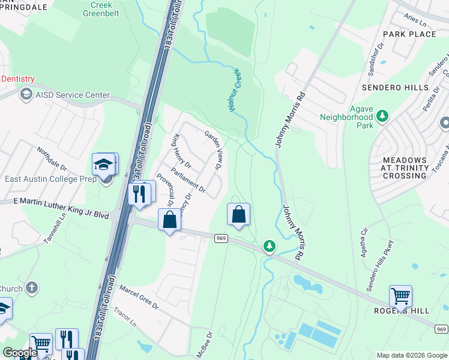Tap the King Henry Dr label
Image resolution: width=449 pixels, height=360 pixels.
181,152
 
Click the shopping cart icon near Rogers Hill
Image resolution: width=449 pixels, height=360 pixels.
400,296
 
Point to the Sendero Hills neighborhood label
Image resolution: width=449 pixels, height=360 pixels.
393,88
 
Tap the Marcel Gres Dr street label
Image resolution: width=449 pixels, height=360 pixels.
138,298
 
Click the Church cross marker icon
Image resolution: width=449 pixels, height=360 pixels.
32,288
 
